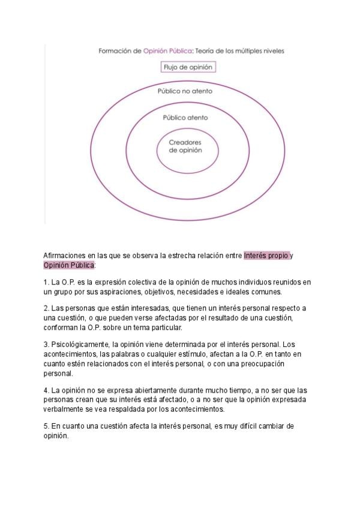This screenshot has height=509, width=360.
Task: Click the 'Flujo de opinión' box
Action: (x=188, y=67)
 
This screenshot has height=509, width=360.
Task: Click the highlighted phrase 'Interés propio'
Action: (x=266, y=256)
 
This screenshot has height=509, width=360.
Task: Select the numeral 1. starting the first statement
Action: (x=47, y=282)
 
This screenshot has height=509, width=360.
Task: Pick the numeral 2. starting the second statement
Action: (x=47, y=309)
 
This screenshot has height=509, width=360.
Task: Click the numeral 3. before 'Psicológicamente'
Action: (x=47, y=345)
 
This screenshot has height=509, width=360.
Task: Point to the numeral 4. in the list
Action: (x=47, y=390)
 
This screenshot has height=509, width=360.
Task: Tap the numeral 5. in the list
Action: (x=47, y=426)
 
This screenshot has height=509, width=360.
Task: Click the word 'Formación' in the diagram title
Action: (x=112, y=52)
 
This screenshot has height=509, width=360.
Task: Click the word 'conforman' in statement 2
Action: (x=62, y=328)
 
